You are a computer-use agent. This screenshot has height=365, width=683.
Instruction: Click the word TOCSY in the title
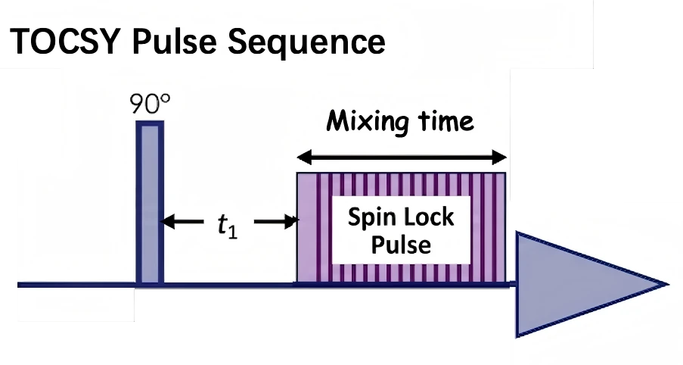click(x=65, y=42)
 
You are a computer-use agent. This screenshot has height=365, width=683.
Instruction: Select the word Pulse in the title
click(x=174, y=42)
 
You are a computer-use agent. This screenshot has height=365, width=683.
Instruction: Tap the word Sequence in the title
click(x=306, y=42)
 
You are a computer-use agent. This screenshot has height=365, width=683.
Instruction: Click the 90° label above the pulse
click(x=150, y=104)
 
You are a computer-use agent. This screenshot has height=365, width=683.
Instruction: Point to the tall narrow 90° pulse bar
click(x=150, y=203)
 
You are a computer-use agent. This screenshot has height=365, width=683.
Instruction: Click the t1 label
click(x=228, y=226)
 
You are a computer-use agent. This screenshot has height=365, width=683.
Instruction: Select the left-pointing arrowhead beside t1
click(x=169, y=222)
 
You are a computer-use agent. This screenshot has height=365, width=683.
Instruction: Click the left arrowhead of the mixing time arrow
click(x=305, y=157)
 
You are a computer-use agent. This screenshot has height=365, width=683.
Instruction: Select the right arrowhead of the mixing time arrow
click(x=498, y=157)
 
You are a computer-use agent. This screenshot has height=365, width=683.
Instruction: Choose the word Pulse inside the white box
click(x=401, y=245)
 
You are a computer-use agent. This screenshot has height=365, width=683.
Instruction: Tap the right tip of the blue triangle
click(x=668, y=285)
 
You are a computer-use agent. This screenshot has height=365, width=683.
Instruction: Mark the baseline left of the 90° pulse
click(x=76, y=285)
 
